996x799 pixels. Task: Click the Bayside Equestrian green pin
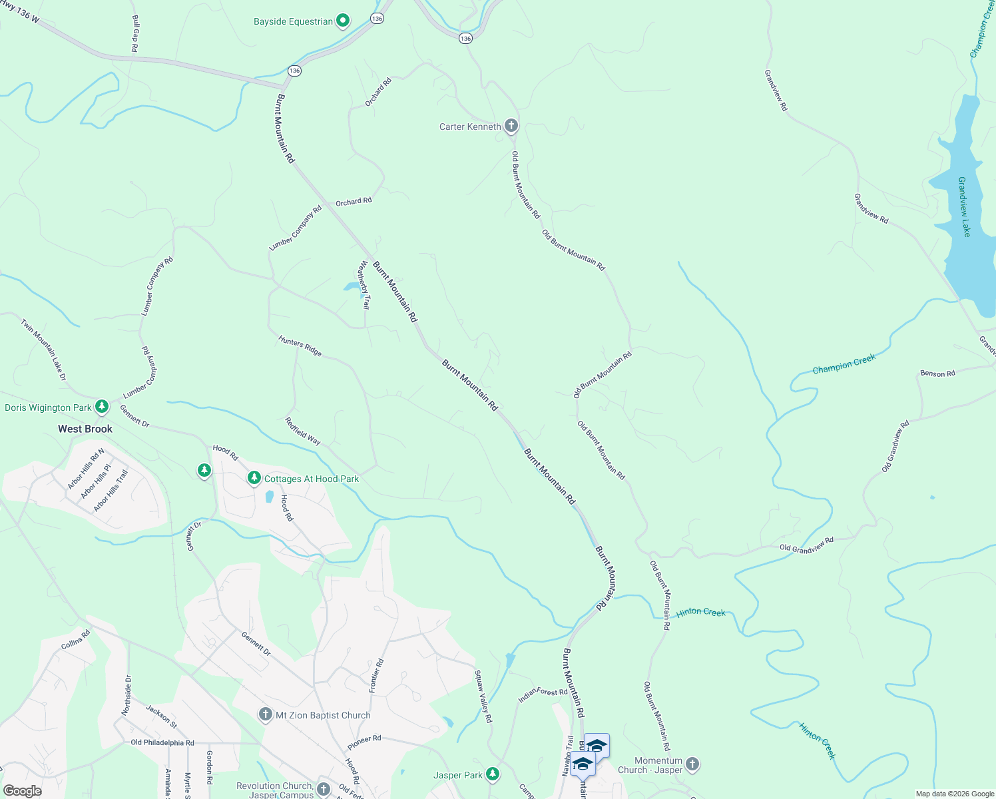[x=343, y=21]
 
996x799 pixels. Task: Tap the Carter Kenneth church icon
[x=511, y=126]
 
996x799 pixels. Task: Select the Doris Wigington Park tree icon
[x=101, y=406]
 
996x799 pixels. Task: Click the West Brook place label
[x=85, y=429]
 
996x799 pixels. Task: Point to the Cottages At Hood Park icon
[x=254, y=478]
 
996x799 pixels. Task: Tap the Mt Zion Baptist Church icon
[x=265, y=715]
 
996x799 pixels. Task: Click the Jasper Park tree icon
[x=492, y=774]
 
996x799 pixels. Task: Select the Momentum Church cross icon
[x=692, y=764]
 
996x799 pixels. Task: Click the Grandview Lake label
[x=963, y=206]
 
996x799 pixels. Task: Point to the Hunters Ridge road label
[x=300, y=346]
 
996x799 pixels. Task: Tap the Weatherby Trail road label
[x=364, y=284]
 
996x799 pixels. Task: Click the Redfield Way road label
[x=303, y=431]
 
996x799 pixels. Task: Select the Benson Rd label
[x=937, y=374]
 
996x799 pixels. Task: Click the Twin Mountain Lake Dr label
[x=43, y=350]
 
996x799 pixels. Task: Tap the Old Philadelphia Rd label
[x=162, y=742]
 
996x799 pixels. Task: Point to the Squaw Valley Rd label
[x=483, y=696]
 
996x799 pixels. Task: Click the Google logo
[x=22, y=791]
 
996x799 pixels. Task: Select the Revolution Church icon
[x=324, y=790]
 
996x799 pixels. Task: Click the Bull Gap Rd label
[x=135, y=34]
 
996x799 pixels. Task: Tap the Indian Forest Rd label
[x=543, y=695]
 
